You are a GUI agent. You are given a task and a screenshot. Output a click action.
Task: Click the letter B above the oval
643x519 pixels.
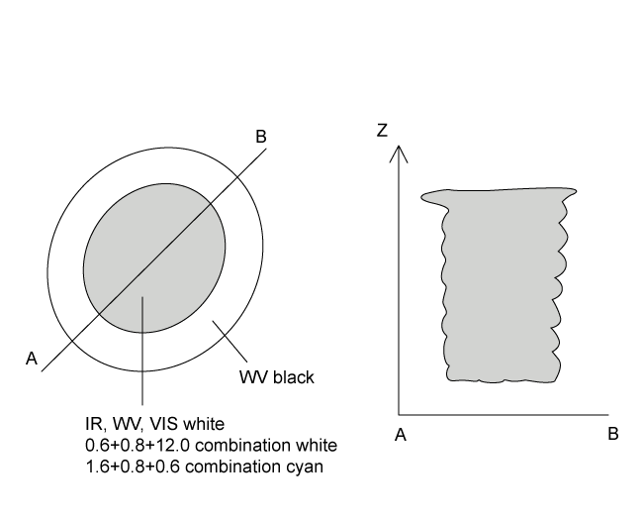pyautogui.click(x=261, y=137)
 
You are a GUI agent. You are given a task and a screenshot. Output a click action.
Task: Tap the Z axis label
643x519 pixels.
pyautogui.click(x=382, y=131)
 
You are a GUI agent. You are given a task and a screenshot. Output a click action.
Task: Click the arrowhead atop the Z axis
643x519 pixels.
pyautogui.click(x=398, y=152)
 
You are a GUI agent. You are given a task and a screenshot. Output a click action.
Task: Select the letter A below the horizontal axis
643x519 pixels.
pyautogui.click(x=401, y=435)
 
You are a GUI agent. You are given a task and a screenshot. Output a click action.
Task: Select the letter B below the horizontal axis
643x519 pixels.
pyautogui.click(x=612, y=435)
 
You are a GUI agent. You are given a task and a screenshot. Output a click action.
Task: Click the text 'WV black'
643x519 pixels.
pyautogui.click(x=276, y=378)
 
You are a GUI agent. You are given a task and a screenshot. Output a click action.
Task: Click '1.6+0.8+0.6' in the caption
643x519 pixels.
pyautogui.click(x=128, y=464)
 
